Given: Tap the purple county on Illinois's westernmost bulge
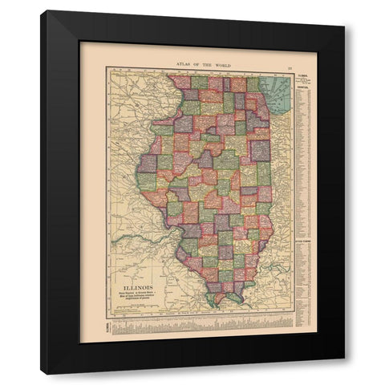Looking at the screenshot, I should [x=147, y=161].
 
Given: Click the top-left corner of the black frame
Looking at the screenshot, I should [x=42, y=11].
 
